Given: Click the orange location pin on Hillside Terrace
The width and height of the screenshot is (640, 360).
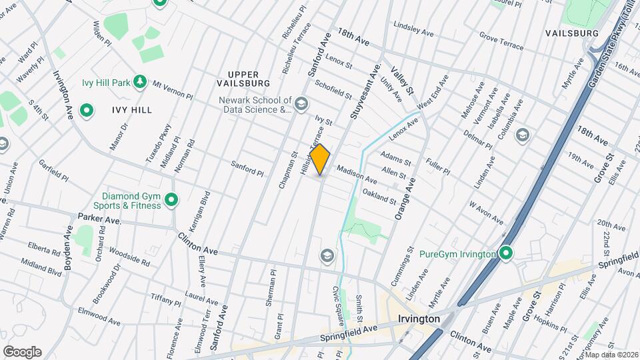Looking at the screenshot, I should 320,159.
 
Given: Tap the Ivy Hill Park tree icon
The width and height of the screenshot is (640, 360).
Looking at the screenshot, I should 140,82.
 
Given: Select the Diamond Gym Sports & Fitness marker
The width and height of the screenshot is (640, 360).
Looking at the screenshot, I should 171,199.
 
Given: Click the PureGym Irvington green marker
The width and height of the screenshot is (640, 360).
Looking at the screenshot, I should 506,253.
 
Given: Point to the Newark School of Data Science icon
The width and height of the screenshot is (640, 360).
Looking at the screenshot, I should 301,103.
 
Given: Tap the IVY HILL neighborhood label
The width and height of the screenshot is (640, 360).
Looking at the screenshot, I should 127,109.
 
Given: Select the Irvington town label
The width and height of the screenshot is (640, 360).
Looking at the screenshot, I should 418,319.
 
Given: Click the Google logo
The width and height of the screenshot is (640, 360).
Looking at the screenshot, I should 22,351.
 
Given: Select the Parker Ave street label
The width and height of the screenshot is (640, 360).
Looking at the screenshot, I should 99,218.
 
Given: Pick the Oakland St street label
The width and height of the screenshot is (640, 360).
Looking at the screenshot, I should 379,197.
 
